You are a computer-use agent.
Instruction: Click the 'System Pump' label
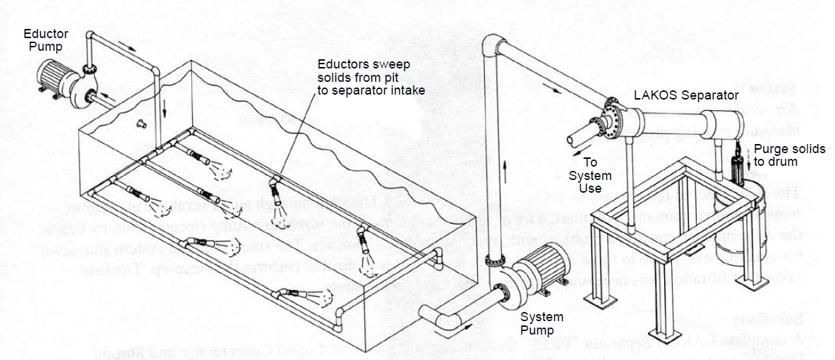[x=543, y=323]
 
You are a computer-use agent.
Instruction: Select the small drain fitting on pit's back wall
[x=141, y=124]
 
